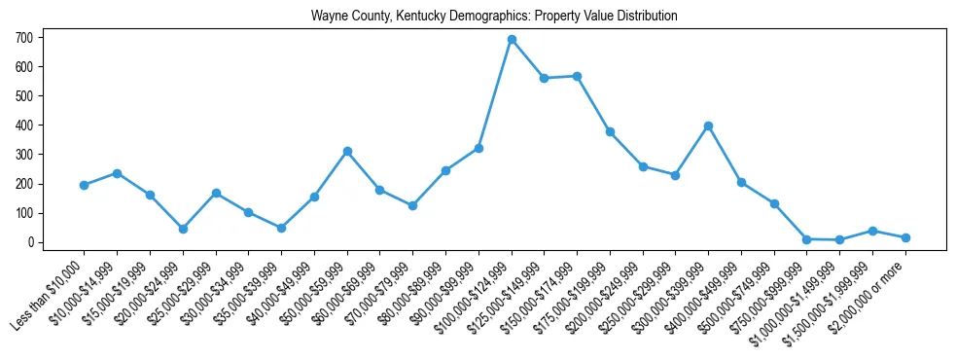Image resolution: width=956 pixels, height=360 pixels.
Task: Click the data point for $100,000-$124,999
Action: click(x=512, y=40)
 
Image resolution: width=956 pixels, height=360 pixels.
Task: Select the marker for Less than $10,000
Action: click(x=84, y=185)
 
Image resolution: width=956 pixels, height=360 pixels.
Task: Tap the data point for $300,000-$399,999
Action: click(x=708, y=126)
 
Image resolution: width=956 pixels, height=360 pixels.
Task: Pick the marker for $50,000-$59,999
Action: click(x=347, y=152)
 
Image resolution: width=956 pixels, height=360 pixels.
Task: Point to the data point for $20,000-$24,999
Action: click(x=183, y=229)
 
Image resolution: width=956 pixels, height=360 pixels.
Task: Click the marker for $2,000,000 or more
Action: click(x=905, y=237)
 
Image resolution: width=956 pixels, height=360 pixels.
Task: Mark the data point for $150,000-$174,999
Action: click(x=577, y=76)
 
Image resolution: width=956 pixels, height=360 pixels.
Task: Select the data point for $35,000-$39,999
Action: click(x=281, y=228)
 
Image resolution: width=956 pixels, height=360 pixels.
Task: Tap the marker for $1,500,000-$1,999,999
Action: click(x=872, y=231)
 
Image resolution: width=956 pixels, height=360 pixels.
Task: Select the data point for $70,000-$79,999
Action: click(x=412, y=205)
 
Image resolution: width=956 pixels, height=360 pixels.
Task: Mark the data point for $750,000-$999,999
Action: click(x=806, y=239)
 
